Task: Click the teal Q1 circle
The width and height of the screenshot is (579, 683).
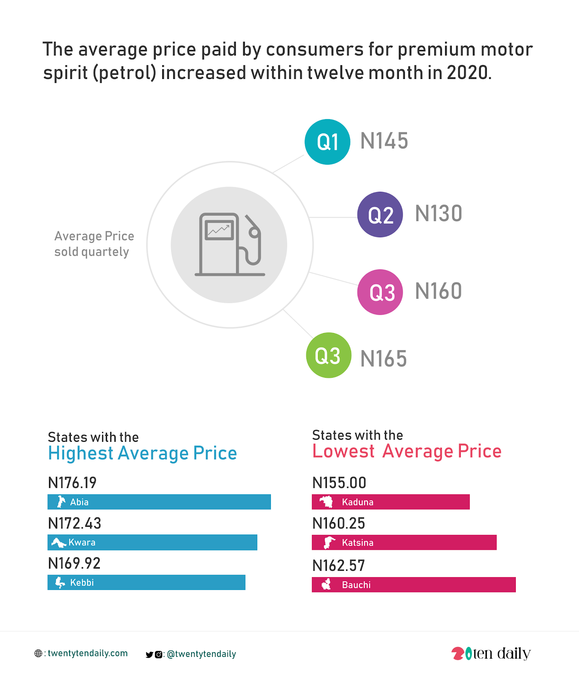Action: [327, 142]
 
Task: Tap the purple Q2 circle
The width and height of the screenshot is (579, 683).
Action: [380, 214]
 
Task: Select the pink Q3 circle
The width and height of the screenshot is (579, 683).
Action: [380, 292]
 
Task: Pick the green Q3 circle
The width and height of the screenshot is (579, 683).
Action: [329, 355]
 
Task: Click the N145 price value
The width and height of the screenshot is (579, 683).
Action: [384, 141]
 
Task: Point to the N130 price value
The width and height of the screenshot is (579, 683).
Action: [439, 214]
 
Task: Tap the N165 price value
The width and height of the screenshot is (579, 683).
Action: [384, 359]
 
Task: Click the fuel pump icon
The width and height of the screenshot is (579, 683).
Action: [230, 245]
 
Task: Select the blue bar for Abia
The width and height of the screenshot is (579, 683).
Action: [159, 502]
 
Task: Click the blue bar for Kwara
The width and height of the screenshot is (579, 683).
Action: [152, 543]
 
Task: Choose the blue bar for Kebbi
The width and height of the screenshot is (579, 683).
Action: [146, 583]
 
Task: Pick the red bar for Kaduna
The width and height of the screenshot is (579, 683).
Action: [390, 502]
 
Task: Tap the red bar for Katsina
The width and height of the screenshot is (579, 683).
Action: [404, 543]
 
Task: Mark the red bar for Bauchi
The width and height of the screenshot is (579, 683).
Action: [413, 585]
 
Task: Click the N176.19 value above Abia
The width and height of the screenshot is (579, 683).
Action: [72, 483]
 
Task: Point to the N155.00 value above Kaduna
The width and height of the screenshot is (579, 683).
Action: [339, 483]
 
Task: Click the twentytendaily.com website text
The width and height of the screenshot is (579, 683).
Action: [87, 653]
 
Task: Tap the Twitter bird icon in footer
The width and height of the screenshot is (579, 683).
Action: [149, 654]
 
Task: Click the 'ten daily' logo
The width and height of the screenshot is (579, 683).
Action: [491, 654]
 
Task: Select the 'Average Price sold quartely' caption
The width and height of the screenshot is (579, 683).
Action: [94, 244]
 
